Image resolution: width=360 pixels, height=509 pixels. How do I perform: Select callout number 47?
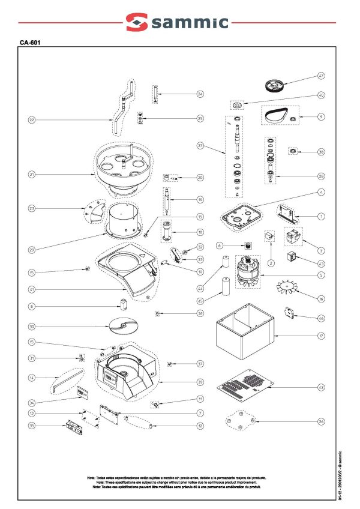click(x=321, y=76)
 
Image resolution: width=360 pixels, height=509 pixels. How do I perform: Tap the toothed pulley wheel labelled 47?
click(x=277, y=86)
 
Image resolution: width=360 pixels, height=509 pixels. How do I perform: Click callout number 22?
click(x=32, y=120)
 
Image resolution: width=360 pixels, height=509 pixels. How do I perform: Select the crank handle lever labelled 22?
click(x=122, y=105)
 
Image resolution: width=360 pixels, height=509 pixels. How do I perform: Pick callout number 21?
click(x=32, y=175)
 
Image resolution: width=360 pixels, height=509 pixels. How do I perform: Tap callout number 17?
click(x=321, y=336)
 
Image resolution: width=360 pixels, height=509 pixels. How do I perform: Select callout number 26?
click(x=321, y=422)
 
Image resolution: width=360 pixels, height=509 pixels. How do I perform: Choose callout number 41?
click(x=32, y=289)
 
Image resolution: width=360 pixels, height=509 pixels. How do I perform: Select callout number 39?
click(x=200, y=382)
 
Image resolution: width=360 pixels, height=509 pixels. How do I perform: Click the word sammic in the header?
click(x=191, y=23)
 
